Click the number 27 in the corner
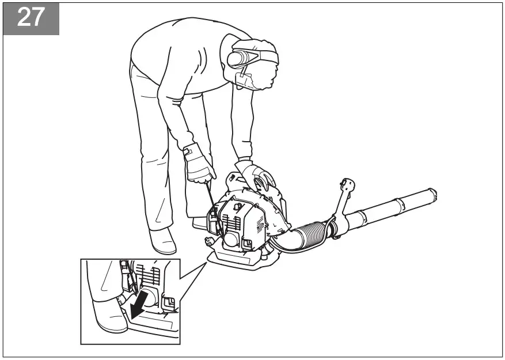coord(31,17)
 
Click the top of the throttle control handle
coord(347,184)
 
